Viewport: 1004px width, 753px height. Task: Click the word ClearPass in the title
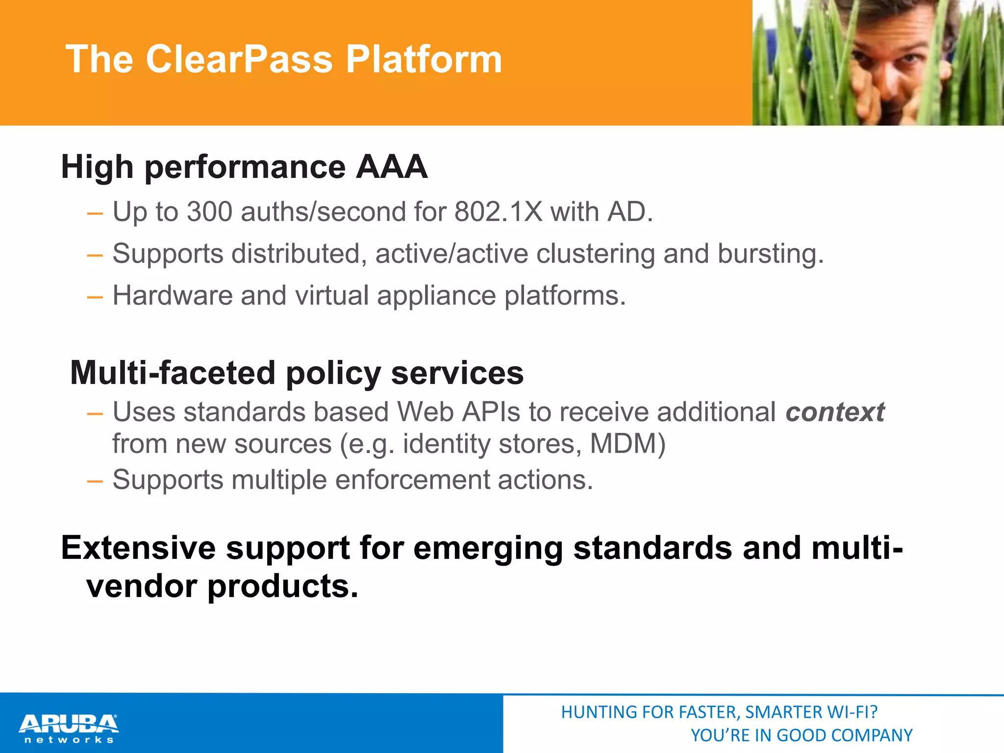pos(239,59)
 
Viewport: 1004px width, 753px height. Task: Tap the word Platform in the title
pos(424,59)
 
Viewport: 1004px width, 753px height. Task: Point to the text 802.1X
pos(498,212)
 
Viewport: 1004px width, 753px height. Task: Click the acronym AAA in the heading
pos(391,167)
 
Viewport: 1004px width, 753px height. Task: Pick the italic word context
pos(835,412)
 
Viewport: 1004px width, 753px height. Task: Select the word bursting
pos(771,254)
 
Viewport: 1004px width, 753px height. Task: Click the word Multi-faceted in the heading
pos(173,373)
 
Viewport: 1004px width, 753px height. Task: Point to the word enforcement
pos(412,479)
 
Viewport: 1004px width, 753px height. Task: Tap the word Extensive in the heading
pos(138,548)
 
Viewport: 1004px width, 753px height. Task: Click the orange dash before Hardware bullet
pos(95,297)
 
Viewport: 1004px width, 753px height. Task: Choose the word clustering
pos(595,254)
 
